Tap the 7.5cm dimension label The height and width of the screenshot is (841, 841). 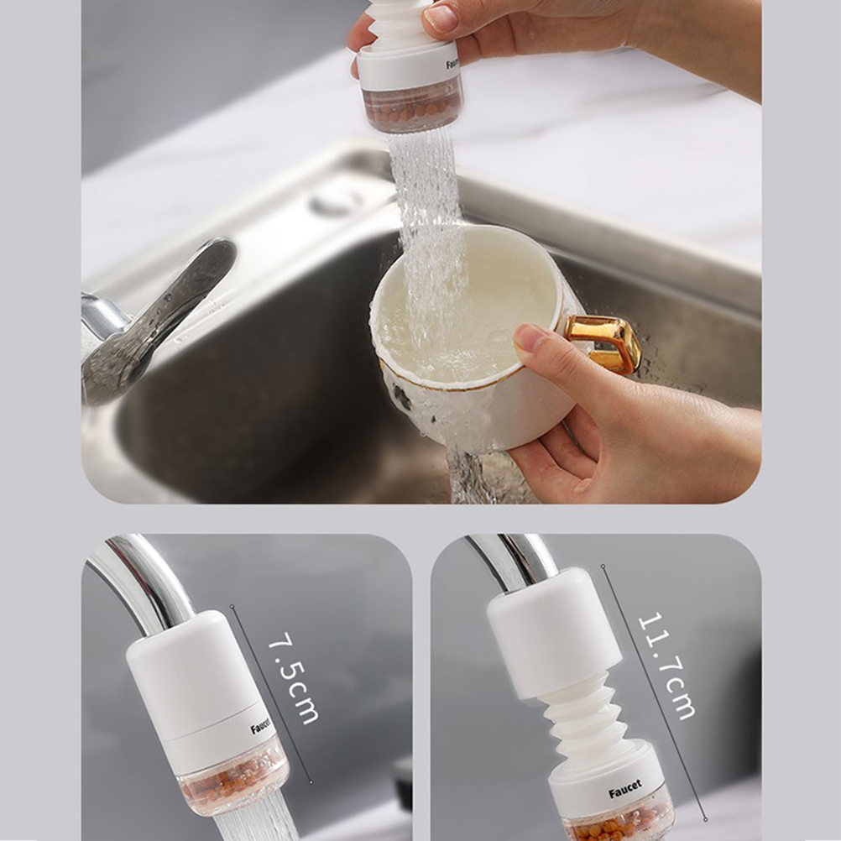coord(293,678)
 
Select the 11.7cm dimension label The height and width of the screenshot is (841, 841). coord(666,666)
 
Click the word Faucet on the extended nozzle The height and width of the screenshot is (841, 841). coord(624,789)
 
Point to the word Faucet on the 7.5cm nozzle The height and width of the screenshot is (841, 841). coord(261,726)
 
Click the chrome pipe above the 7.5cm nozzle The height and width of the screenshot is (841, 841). coord(145,579)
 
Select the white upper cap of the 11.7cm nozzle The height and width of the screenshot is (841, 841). coord(554,633)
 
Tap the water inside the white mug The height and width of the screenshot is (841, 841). coord(456,327)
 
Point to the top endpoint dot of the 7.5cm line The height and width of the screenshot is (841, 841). coord(232,607)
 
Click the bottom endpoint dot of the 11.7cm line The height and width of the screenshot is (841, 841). coord(706,819)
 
